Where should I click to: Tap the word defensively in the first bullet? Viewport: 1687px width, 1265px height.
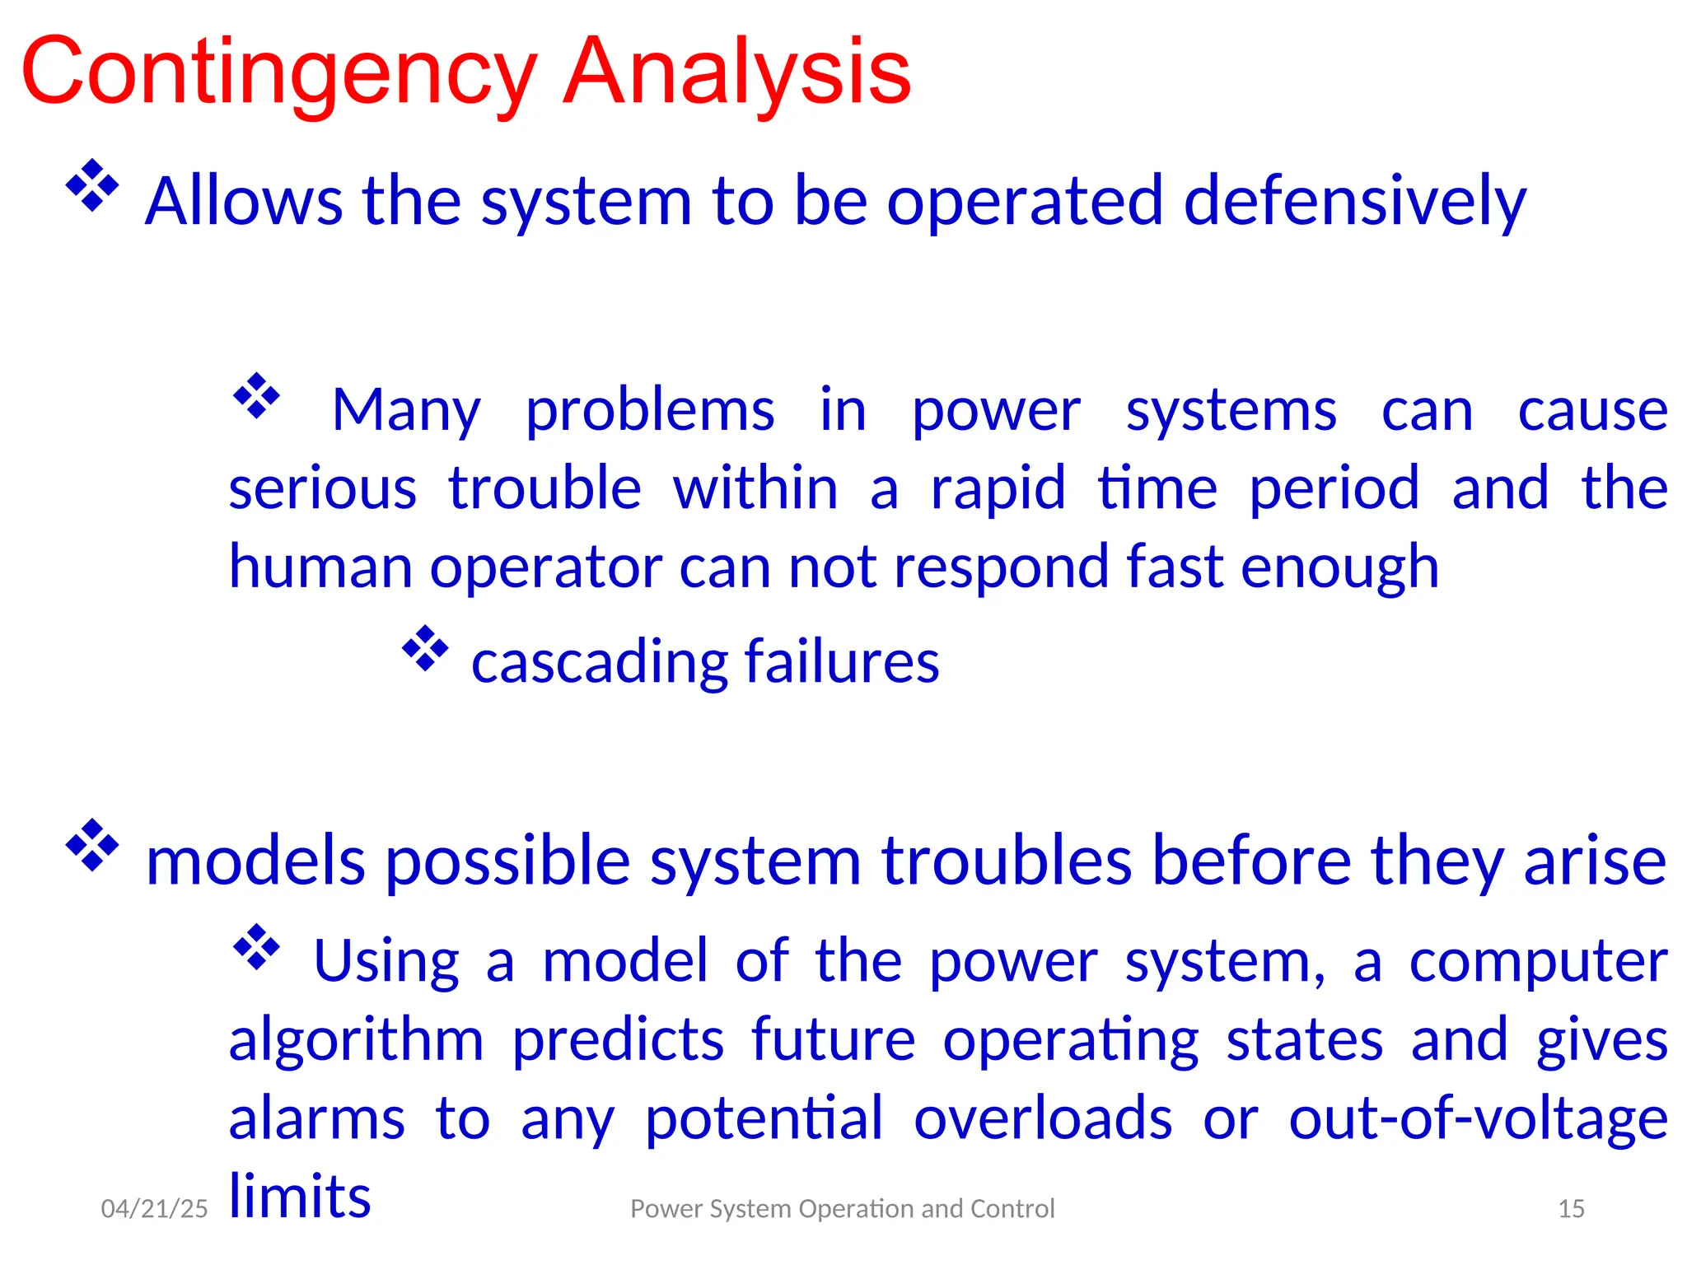click(1354, 202)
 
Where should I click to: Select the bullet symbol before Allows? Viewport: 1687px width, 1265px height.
click(92, 185)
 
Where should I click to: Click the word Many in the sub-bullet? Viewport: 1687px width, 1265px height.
click(406, 411)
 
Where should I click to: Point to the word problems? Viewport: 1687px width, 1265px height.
click(650, 411)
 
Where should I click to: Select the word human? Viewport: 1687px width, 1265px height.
click(320, 567)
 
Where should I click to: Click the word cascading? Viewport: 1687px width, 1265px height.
click(599, 661)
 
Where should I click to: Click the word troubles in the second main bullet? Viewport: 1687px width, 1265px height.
click(1007, 861)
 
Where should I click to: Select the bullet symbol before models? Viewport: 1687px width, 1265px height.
click(92, 845)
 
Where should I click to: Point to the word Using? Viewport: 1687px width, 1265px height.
click(386, 961)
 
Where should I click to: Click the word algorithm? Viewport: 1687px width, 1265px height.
click(356, 1040)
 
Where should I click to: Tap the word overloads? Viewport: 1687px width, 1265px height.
click(1043, 1118)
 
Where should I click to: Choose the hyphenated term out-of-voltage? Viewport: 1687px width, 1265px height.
click(1478, 1118)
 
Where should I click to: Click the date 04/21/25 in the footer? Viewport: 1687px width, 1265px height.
click(154, 1208)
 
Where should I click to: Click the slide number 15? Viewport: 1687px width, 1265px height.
click(1571, 1208)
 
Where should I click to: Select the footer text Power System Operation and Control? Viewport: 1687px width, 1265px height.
click(842, 1208)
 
